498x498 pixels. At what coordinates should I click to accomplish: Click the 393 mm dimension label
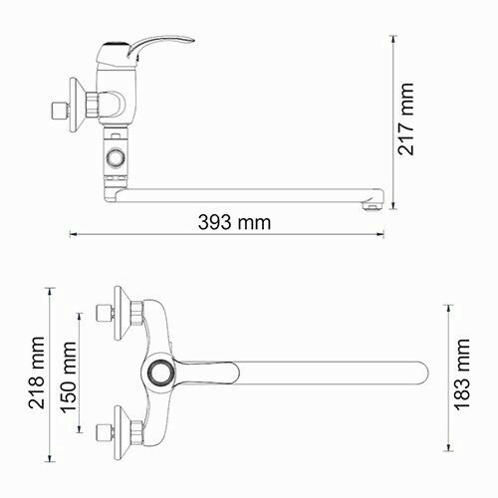(234, 221)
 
